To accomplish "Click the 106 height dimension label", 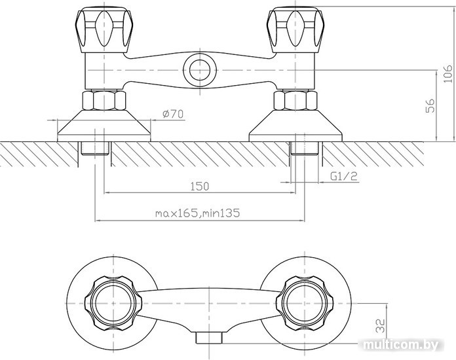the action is click(x=448, y=74).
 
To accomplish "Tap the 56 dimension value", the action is click(x=430, y=105).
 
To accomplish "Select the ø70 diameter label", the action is click(x=174, y=114).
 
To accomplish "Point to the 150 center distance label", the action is click(x=199, y=187).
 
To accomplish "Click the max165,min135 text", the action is click(x=197, y=213).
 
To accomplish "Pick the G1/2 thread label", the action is click(x=344, y=176).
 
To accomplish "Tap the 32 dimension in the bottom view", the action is click(x=381, y=325).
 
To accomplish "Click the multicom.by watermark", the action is click(x=400, y=345).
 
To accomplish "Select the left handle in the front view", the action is click(x=103, y=31).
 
